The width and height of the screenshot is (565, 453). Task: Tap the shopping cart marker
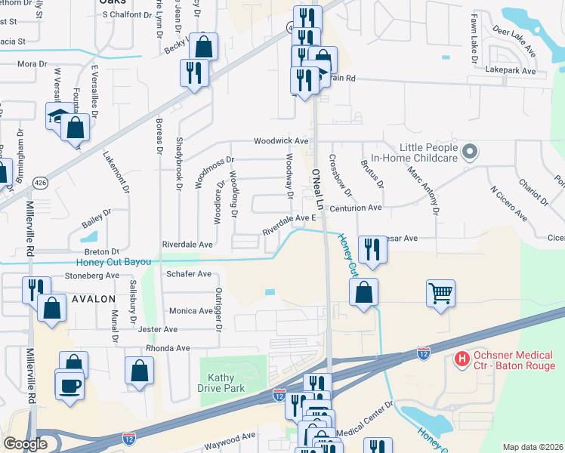[x=441, y=292]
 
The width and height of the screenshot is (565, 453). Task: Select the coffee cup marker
[x=70, y=386]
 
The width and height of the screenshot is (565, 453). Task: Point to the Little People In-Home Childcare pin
[x=469, y=152]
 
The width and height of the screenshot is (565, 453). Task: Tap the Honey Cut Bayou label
[x=113, y=263]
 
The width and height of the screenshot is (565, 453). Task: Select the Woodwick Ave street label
[x=281, y=141]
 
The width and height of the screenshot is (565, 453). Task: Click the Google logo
[x=24, y=444]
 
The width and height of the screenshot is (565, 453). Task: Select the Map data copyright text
[x=532, y=447]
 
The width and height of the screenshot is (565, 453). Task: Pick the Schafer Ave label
[x=189, y=274]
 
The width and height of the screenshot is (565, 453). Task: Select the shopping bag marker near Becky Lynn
[x=204, y=47]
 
